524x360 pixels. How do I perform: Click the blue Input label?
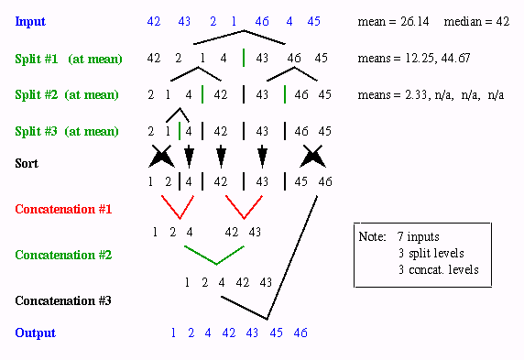click(x=30, y=21)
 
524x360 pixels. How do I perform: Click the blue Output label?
click(x=35, y=333)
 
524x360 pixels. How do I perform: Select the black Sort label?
click(x=27, y=163)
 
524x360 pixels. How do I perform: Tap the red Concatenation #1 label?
click(x=63, y=209)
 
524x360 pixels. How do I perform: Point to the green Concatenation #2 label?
click(x=63, y=255)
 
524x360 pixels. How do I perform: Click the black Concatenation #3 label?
click(x=63, y=300)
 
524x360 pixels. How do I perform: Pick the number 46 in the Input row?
click(x=262, y=21)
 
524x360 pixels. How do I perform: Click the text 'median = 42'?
click(x=476, y=22)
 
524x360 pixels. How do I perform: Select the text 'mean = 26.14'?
click(x=393, y=22)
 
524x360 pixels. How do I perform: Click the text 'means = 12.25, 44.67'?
click(x=414, y=58)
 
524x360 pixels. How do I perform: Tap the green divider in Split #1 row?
click(x=244, y=58)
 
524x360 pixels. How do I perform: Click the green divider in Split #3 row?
click(x=180, y=131)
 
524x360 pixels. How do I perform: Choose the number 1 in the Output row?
click(x=173, y=333)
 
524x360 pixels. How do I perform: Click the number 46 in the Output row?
click(x=300, y=333)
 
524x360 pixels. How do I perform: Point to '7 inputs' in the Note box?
click(x=418, y=236)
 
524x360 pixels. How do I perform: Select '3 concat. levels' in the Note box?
click(x=438, y=269)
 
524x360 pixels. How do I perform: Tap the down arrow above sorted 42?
click(x=221, y=157)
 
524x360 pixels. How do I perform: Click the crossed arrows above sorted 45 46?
click(x=312, y=156)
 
